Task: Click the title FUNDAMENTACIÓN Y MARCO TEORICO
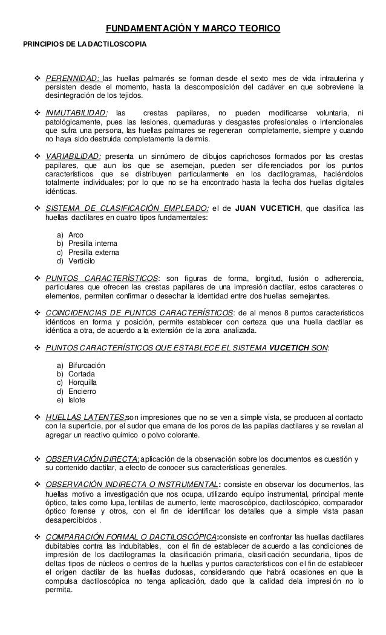(x=193, y=29)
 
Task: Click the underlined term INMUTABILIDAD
(x=76, y=113)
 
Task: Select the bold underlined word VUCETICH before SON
(x=285, y=349)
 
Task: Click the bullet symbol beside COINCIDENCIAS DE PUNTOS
(x=37, y=312)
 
